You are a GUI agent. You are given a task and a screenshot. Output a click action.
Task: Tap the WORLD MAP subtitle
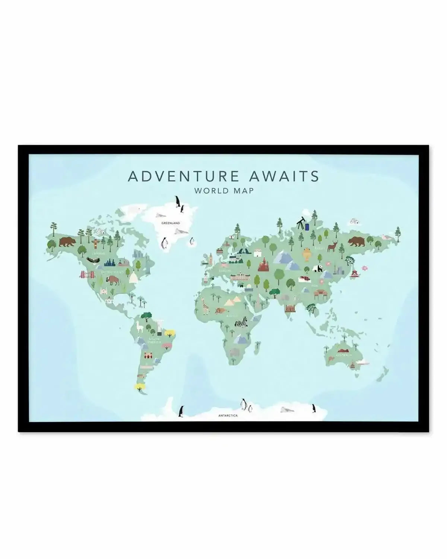pyautogui.click(x=223, y=190)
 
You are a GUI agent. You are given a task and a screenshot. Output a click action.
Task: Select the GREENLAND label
pyautogui.click(x=171, y=223)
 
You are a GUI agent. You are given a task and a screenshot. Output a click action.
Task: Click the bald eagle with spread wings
pyautogui.click(x=93, y=260)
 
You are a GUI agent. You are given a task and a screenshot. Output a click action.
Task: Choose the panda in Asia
pyautogui.click(x=318, y=269)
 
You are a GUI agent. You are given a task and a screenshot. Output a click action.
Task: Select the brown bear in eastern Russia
pyautogui.click(x=356, y=242)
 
